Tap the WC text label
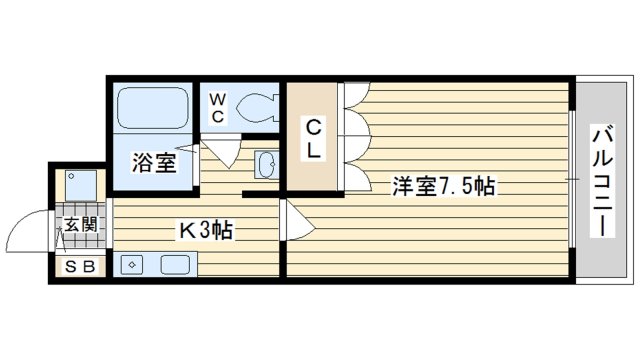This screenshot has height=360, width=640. point(217,107)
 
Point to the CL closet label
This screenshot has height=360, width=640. point(313,139)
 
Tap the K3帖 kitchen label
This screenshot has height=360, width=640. point(206,231)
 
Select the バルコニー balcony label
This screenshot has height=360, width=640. point(602,179)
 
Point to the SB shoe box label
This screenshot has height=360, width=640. point(80,267)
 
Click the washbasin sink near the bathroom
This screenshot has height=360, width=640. point(265,163)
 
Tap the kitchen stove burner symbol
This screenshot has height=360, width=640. point(133,266)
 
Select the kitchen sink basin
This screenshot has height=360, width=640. point(175,266)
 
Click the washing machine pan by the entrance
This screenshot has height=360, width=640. point(79,184)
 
